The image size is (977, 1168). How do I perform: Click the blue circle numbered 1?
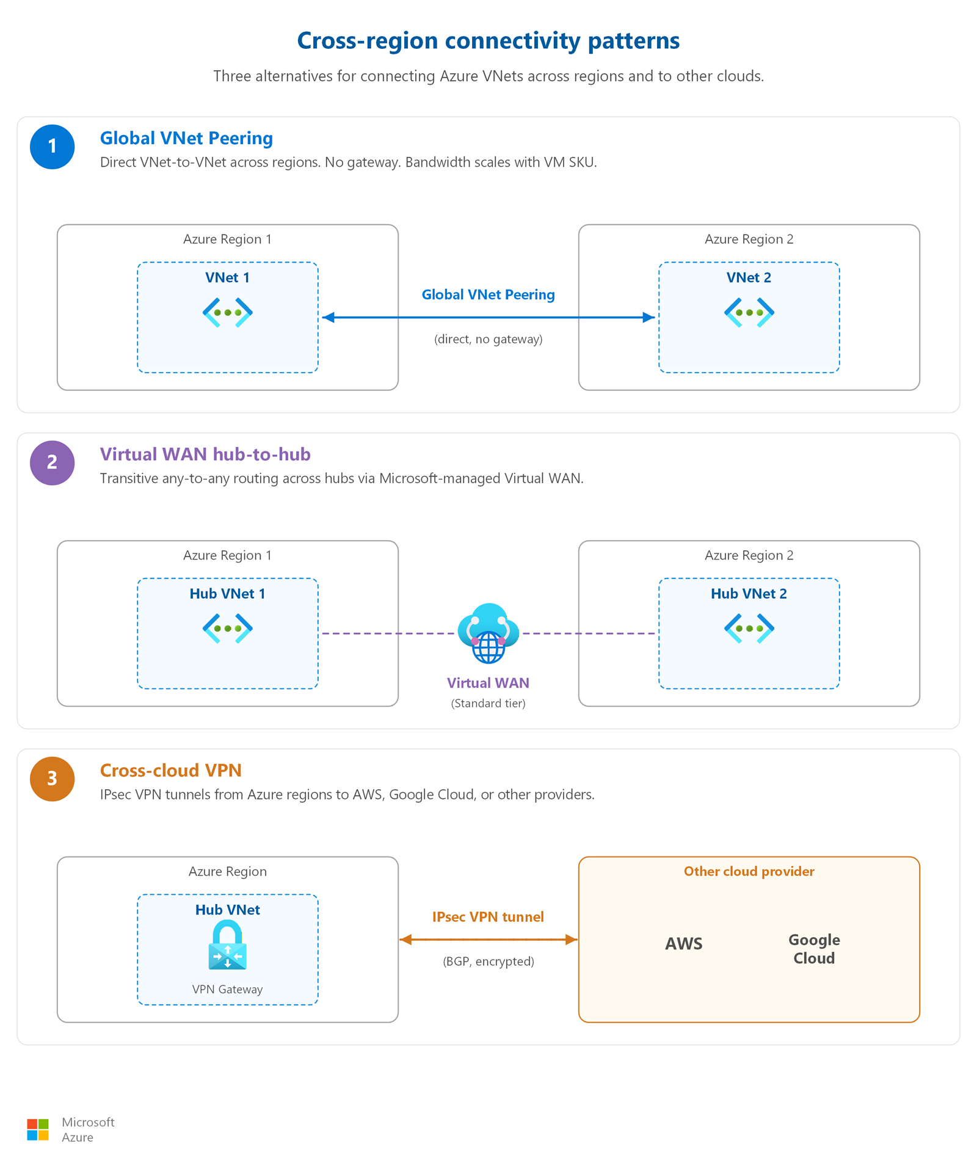(x=53, y=147)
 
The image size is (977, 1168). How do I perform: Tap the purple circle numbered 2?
(x=53, y=462)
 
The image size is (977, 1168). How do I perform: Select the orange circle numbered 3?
(x=53, y=779)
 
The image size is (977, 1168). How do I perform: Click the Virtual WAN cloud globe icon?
(x=488, y=633)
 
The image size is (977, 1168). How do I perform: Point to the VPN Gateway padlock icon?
(x=228, y=946)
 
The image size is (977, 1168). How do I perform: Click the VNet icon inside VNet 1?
(x=228, y=312)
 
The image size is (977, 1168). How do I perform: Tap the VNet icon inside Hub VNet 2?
(x=749, y=628)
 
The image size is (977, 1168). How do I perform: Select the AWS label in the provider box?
(x=684, y=944)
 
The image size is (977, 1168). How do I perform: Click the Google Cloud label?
(x=814, y=949)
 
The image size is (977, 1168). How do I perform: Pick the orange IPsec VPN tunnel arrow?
(x=488, y=940)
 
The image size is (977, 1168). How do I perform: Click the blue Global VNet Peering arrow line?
(x=488, y=317)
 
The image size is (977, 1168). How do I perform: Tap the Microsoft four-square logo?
(x=38, y=1130)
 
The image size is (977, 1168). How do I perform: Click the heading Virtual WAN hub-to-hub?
(x=205, y=454)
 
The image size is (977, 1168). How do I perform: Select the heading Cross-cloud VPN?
(x=171, y=770)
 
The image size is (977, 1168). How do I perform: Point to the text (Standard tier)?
(x=488, y=703)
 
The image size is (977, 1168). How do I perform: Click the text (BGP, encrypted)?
(x=488, y=961)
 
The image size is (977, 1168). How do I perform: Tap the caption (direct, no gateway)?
(x=488, y=339)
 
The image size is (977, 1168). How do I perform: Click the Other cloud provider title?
(x=749, y=871)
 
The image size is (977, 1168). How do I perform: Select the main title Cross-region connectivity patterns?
(x=488, y=40)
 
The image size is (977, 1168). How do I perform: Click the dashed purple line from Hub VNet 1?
(x=388, y=633)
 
